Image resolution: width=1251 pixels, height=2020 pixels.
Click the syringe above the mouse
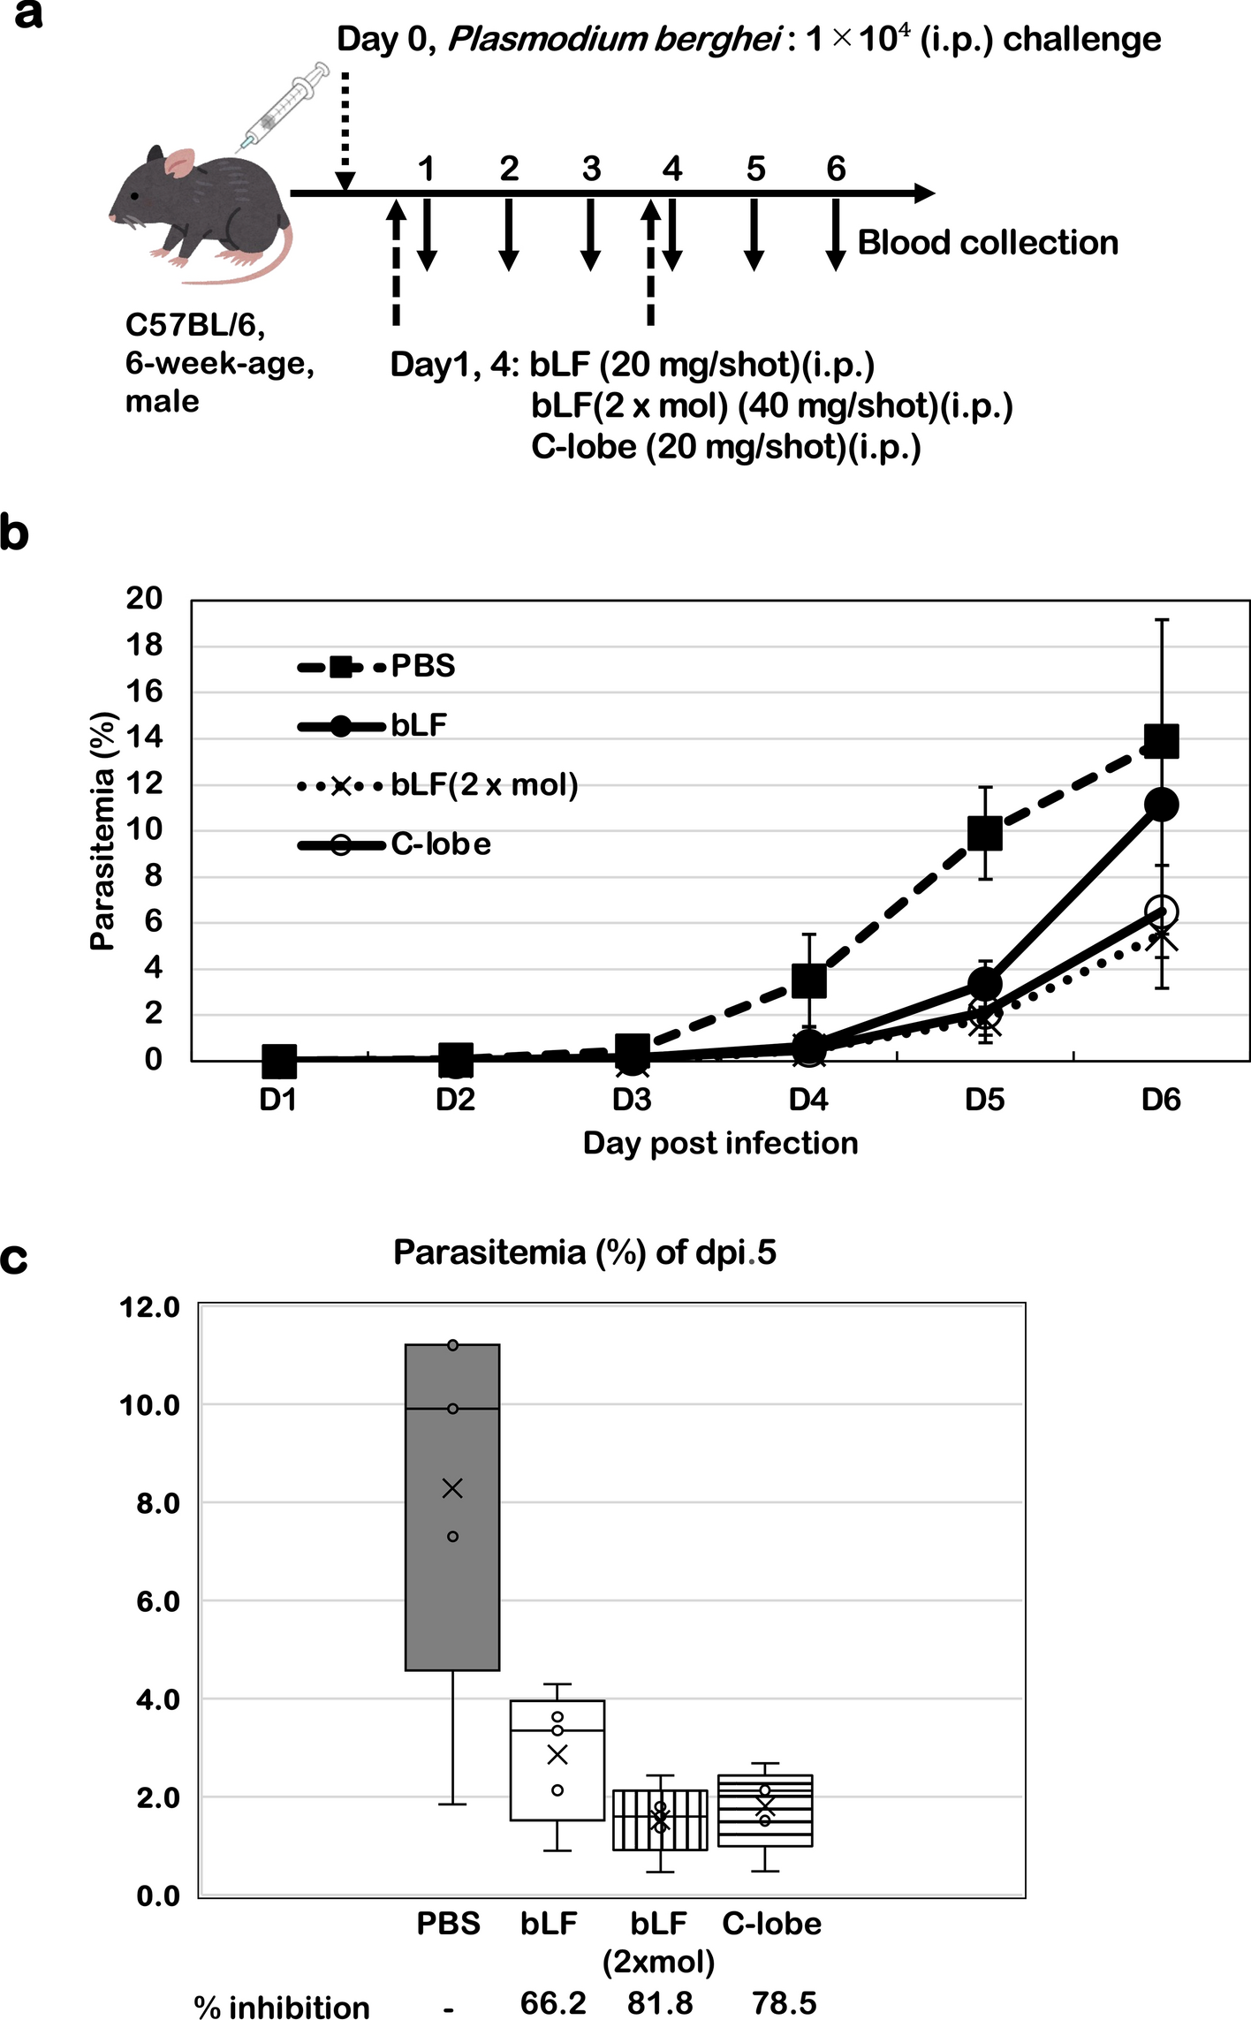[x=284, y=106]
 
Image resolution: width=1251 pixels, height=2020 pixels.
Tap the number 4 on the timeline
[x=672, y=168]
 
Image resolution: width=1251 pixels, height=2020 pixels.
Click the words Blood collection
[x=987, y=243]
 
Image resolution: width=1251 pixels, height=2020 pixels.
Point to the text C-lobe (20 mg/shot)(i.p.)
[x=725, y=447]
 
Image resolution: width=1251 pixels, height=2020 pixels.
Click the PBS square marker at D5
[x=984, y=833]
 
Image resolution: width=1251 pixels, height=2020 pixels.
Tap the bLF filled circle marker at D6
[x=1161, y=805]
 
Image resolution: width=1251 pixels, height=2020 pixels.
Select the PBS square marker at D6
[x=1161, y=741]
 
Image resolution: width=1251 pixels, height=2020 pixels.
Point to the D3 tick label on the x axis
[x=632, y=1101]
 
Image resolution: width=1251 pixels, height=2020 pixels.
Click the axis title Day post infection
[x=720, y=1144]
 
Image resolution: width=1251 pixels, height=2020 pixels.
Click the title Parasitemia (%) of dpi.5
[x=584, y=1253]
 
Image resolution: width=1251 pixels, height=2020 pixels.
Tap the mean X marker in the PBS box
[x=452, y=1489]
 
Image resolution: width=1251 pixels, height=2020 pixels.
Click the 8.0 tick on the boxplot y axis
[x=158, y=1503]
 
